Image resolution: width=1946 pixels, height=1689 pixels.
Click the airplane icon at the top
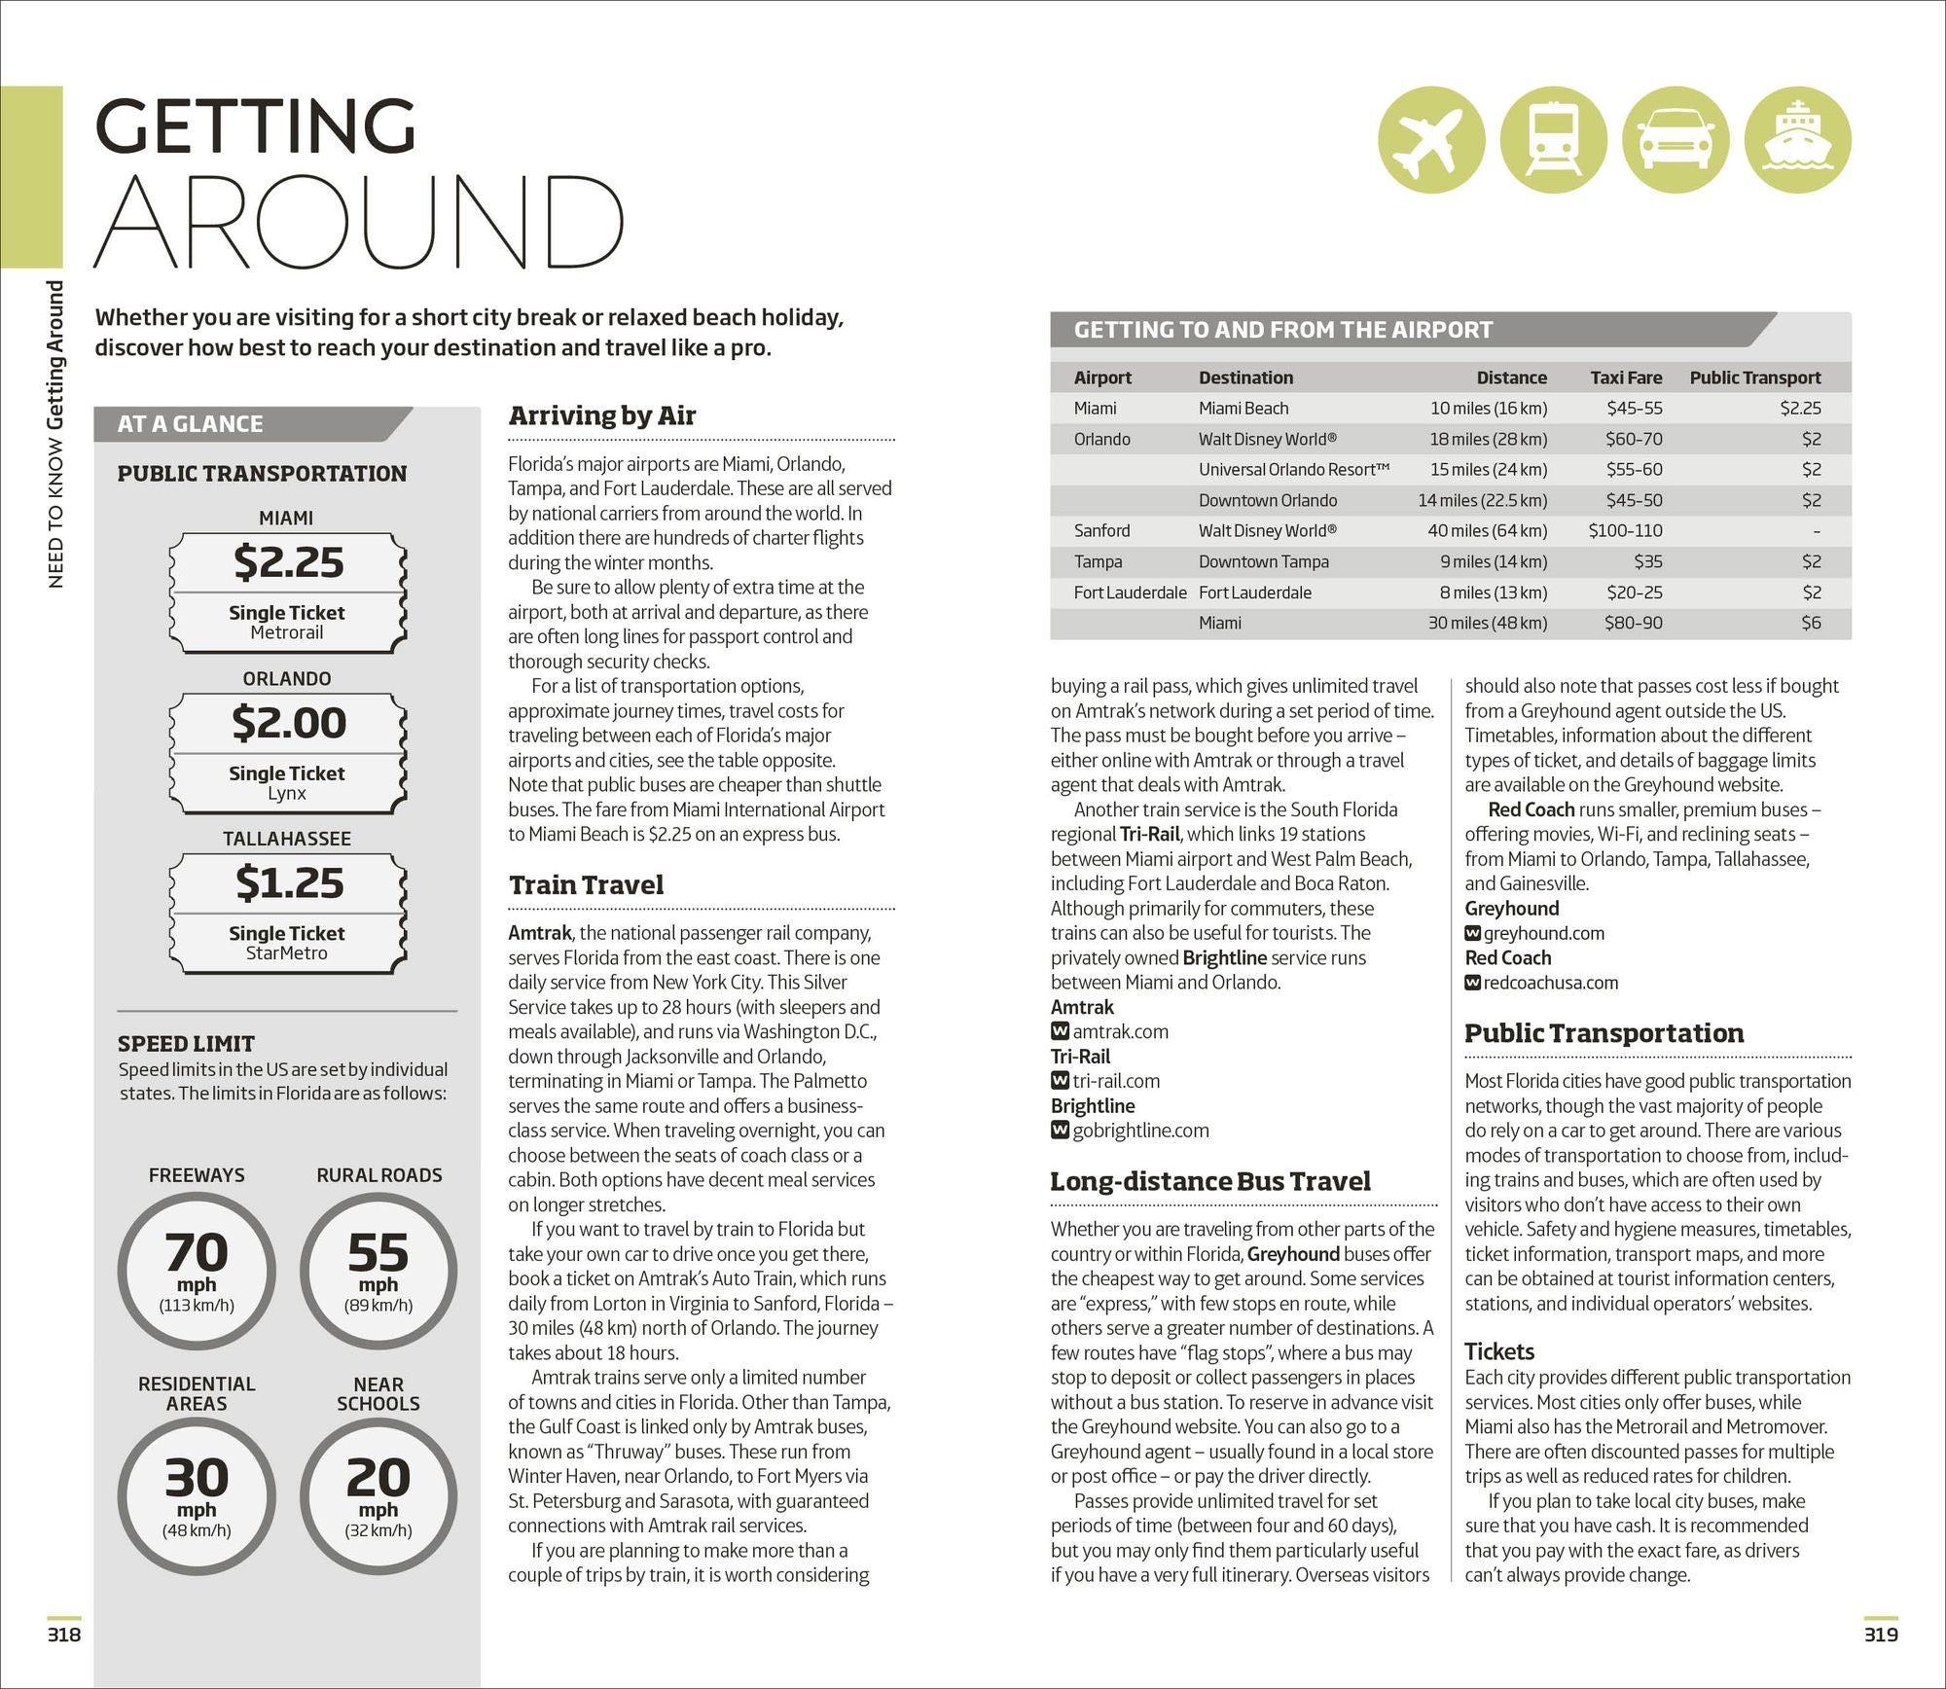tap(1431, 139)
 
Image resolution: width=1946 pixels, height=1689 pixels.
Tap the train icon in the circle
tap(1553, 139)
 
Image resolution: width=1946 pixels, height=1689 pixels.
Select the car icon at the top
tap(1676, 139)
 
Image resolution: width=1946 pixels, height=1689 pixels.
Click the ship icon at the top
tap(1797, 139)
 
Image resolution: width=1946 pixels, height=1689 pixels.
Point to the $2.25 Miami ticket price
tap(288, 562)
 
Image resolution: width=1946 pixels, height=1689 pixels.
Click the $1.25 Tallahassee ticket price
tap(288, 883)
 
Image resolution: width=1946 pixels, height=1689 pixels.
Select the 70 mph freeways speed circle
tap(197, 1271)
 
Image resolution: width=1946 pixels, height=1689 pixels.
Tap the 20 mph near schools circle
tap(378, 1495)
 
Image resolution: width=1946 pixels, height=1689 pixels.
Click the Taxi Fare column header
tap(1626, 377)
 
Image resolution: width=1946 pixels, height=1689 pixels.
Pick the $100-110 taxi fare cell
tap(1625, 530)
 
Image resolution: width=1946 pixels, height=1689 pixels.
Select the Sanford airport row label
tap(1101, 530)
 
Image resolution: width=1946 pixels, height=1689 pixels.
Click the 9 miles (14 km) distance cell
tap(1493, 561)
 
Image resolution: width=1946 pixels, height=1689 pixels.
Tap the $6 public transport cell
tap(1810, 623)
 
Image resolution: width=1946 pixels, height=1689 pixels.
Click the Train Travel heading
tap(586, 884)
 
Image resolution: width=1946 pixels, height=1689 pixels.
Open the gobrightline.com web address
tap(1139, 1131)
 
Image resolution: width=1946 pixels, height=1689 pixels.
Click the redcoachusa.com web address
tap(1550, 983)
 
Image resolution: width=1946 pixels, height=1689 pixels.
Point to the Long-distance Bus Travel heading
tap(1209, 1181)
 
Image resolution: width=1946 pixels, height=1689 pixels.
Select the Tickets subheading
tap(1498, 1351)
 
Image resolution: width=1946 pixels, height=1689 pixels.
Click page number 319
tap(1880, 1635)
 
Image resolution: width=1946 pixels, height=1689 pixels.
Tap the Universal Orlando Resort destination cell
tap(1293, 469)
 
